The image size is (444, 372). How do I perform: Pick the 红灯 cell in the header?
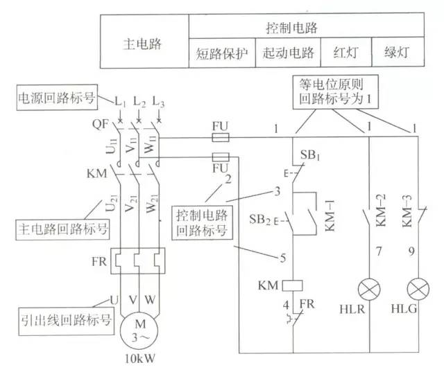point(344,53)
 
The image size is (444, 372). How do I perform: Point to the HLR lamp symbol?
point(368,287)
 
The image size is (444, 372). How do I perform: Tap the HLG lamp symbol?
point(416,287)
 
